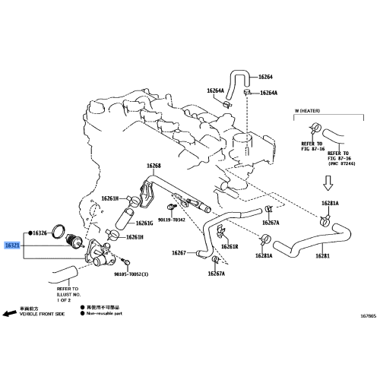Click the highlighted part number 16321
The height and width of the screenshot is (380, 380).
pyautogui.click(x=13, y=246)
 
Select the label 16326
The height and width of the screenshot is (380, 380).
pyautogui.click(x=40, y=232)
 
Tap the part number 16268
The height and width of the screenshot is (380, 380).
pyautogui.click(x=154, y=166)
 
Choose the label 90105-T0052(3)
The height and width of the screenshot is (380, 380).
pyautogui.click(x=131, y=274)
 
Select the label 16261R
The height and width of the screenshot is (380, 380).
pyautogui.click(x=230, y=247)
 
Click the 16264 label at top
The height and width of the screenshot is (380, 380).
pyautogui.click(x=265, y=77)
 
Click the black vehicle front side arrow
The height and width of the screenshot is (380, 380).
pyautogui.click(x=9, y=312)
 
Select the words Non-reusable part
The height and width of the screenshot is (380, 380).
pyautogui.click(x=105, y=312)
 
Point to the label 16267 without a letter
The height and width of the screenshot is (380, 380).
pyautogui.click(x=179, y=252)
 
